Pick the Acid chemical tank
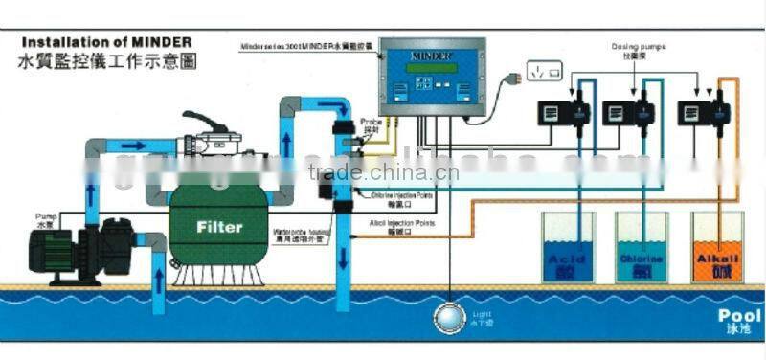tap(569, 248)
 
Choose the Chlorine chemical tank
tap(641, 248)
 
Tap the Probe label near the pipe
tap(372, 125)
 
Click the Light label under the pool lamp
tap(480, 315)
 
